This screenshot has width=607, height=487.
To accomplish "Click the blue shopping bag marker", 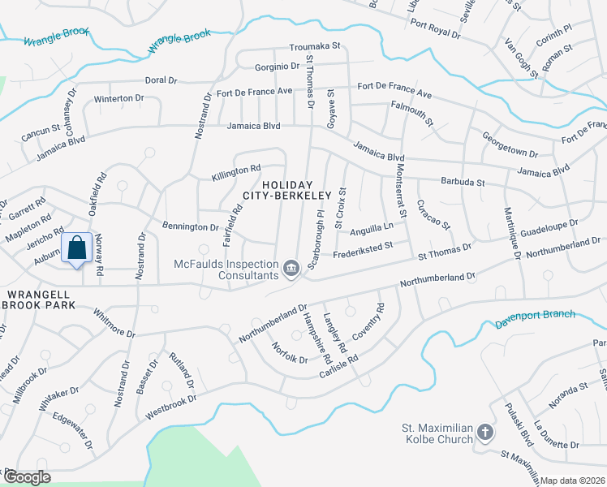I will tap(76, 249).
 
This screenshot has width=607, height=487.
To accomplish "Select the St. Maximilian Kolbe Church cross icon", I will tap(484, 433).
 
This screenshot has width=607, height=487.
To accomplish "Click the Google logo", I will tap(26, 477).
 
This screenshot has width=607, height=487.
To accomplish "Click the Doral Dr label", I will tap(161, 80).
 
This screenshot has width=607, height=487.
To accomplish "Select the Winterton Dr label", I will tap(118, 98).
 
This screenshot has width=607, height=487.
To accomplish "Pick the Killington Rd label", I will tap(236, 170).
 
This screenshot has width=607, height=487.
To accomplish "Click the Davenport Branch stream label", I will tap(535, 320).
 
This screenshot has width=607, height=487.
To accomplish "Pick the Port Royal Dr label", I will tap(435, 29).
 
